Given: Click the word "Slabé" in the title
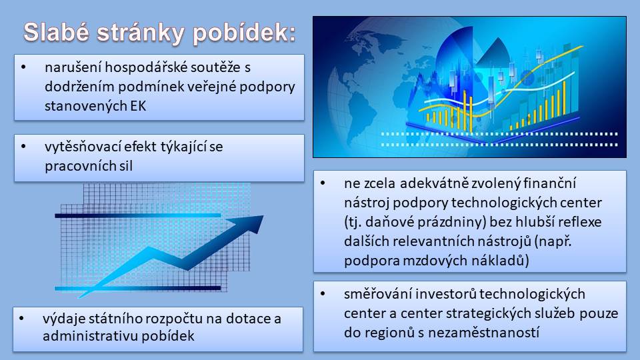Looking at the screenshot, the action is [56, 32].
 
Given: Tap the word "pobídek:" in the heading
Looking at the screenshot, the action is [244, 33].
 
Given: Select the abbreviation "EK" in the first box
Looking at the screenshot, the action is [139, 106].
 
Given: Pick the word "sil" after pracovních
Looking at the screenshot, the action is [126, 166].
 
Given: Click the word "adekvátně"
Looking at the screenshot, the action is [434, 184].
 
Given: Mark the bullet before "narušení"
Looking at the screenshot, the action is [24, 67].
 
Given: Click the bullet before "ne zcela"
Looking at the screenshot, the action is [323, 183].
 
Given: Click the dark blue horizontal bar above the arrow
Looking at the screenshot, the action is [138, 215].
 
